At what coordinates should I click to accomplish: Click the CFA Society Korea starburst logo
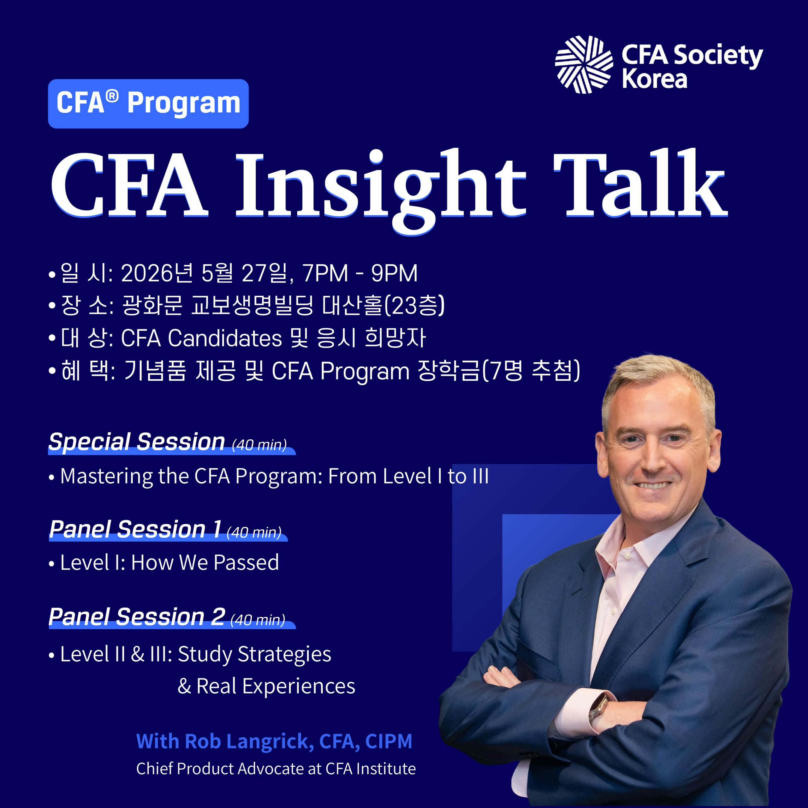(584, 64)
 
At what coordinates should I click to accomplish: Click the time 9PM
(395, 274)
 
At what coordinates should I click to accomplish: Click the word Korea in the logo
(655, 79)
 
